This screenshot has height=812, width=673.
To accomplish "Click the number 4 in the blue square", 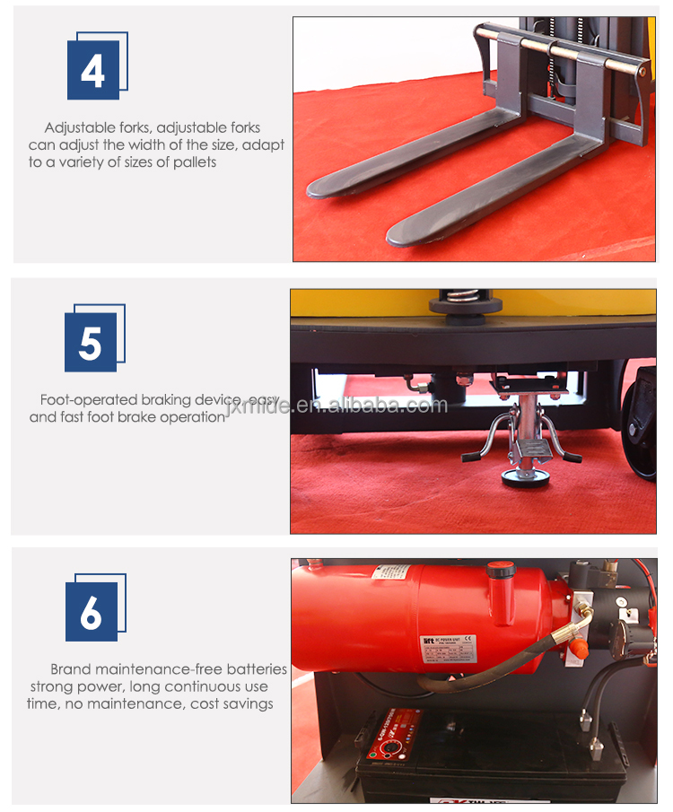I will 92,71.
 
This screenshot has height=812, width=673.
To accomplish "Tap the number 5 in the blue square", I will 91,343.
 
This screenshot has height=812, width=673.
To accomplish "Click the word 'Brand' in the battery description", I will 71,669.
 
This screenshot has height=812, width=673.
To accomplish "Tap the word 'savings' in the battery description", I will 246,703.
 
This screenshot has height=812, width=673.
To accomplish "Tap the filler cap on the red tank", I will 501,571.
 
